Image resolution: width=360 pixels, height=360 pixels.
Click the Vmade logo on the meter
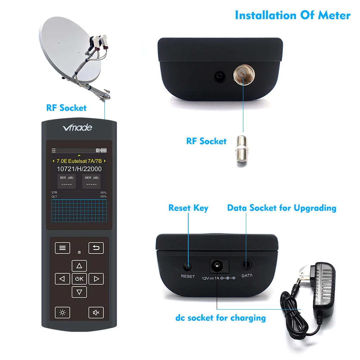pos(77,127)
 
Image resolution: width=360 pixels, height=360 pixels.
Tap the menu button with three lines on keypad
pos(62,248)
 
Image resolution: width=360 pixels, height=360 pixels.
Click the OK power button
pos(79,279)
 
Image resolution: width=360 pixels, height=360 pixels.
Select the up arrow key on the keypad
pos(79,266)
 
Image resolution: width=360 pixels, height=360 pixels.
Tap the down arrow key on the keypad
pos(79,292)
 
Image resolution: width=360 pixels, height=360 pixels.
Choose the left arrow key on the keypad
pos(62,279)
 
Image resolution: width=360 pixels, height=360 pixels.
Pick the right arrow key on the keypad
pos(96,279)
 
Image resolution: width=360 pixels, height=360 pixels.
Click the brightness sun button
pos(62,312)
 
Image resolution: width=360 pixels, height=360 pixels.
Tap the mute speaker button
pos(96,312)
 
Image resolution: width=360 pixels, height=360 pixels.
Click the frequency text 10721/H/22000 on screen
pos(79,169)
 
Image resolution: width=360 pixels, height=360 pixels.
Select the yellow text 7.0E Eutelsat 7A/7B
pos(79,161)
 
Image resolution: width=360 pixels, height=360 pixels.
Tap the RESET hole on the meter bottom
pos(188,266)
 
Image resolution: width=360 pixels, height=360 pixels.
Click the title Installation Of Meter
pos(292,15)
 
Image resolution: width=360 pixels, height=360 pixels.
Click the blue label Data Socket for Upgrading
pos(282,208)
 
